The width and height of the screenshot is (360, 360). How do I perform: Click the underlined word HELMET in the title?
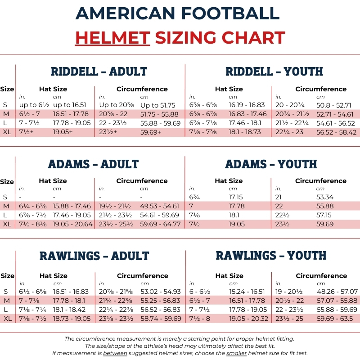[x=113, y=38]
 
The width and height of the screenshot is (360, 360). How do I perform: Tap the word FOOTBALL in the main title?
[x=230, y=13]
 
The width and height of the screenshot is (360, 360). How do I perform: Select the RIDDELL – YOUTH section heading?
[x=274, y=72]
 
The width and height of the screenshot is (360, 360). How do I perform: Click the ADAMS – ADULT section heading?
[x=93, y=164]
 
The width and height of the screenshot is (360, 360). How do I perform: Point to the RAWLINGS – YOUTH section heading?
[x=271, y=256]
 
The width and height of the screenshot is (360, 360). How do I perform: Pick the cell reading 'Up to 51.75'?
[x=158, y=105]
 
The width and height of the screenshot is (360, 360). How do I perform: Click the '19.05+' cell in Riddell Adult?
[x=63, y=132]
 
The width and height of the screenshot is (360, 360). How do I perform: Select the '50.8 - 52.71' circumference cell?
[x=334, y=105]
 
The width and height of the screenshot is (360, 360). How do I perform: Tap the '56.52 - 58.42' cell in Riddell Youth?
[x=336, y=132]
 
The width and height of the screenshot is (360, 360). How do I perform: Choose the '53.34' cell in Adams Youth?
[x=325, y=197]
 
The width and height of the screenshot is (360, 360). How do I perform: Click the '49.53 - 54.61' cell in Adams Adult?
[x=159, y=206]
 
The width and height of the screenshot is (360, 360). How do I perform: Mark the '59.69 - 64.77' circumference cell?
[x=160, y=224]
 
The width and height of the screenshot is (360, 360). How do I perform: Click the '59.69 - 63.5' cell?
[x=335, y=319]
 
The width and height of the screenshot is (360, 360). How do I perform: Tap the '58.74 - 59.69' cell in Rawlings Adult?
[x=161, y=319]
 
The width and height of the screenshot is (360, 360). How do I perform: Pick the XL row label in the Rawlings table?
[x=7, y=319]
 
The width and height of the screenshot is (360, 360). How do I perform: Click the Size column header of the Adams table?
[x=7, y=182]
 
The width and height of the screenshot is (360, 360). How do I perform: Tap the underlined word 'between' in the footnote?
[x=115, y=353]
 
